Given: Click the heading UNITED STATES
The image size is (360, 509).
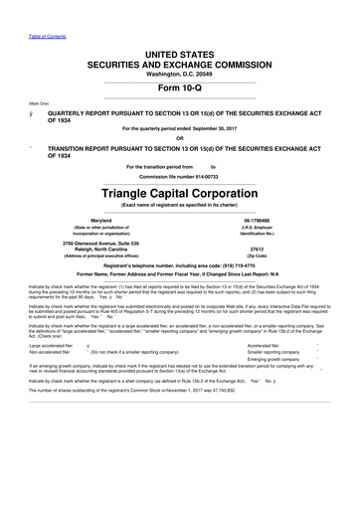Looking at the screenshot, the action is click(179, 51).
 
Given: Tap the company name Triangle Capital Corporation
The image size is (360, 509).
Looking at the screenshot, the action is click(180, 189).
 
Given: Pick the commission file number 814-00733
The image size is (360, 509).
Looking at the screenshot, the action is click(211, 177).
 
